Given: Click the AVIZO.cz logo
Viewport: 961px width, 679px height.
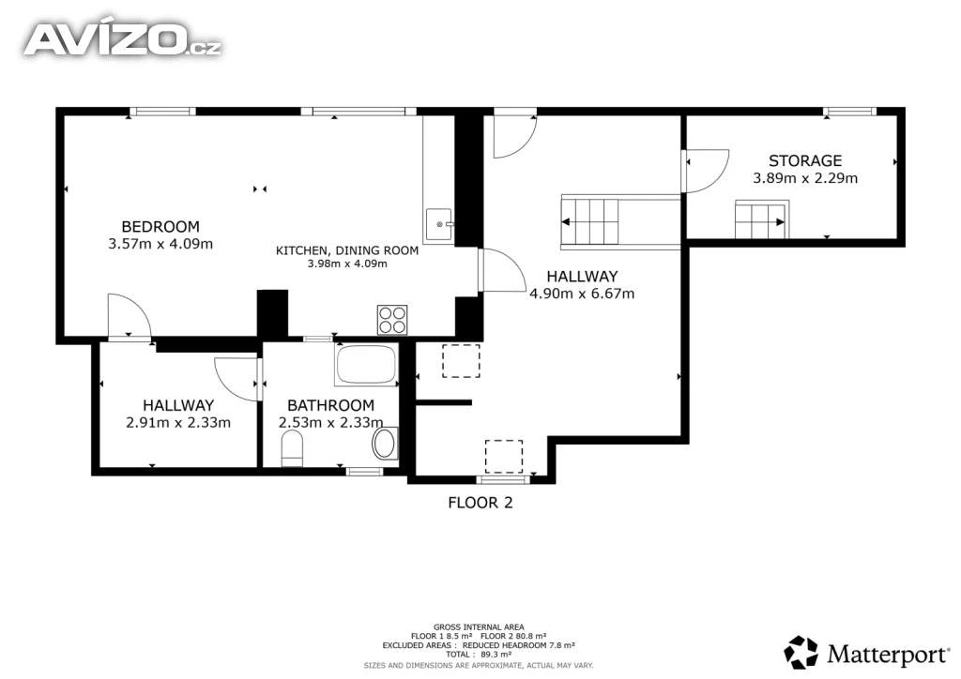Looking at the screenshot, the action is (123, 40).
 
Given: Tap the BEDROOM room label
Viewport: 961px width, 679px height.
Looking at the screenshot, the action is (160, 227).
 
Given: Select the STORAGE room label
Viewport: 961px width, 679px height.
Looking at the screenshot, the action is (805, 161).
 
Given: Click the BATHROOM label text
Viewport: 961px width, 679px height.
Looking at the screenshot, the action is (331, 405).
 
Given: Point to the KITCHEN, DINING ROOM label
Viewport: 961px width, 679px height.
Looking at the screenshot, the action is (347, 250).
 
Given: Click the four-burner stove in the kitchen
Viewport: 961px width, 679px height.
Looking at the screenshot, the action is (392, 320).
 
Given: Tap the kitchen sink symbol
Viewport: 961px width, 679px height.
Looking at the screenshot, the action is (439, 225).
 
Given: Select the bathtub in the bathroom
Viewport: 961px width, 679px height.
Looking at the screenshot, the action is (367, 365).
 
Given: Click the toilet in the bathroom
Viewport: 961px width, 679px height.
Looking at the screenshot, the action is (293, 447).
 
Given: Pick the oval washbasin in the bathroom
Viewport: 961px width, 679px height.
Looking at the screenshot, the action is (385, 444).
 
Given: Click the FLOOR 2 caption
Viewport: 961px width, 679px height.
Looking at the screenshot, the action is (480, 503).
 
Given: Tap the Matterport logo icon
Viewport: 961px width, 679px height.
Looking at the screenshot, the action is (801, 652).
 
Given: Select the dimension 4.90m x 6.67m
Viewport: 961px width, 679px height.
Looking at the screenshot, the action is (582, 294).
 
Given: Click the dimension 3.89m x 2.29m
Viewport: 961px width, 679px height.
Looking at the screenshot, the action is (805, 178).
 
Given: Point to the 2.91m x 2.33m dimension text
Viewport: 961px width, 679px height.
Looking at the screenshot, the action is (178, 422).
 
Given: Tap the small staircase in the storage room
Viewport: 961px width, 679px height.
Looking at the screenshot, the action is (762, 219).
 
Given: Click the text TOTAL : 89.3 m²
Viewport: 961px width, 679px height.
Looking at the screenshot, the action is (479, 655).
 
